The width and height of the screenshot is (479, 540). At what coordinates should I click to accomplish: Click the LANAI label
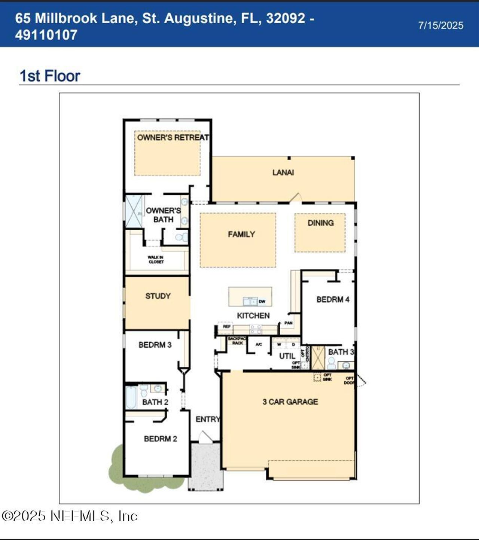tap(283, 173)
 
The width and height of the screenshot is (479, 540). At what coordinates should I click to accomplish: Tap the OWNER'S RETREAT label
tap(173, 137)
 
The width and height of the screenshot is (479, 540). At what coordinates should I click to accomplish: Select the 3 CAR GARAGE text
tap(290, 402)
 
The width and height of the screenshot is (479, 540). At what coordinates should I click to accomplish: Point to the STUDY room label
tap(158, 296)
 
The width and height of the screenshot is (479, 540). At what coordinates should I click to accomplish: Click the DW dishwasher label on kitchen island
tap(262, 301)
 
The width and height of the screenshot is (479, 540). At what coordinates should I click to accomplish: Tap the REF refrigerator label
tap(226, 326)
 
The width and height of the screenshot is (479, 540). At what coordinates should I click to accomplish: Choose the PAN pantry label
tap(288, 323)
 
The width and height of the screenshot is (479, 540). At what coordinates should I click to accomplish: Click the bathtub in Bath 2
tap(131, 397)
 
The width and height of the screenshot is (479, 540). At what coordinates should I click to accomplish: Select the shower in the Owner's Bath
tap(134, 211)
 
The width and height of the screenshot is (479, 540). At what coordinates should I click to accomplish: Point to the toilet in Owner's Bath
tap(181, 237)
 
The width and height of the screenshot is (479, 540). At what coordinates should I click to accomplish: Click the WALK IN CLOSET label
tap(156, 260)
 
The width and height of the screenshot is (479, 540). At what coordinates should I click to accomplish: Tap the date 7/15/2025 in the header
tap(440, 25)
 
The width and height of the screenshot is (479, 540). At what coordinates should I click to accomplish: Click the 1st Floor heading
tap(50, 76)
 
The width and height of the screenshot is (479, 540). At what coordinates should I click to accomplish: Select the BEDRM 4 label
tap(333, 299)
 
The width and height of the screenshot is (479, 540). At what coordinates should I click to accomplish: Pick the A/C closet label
tap(259, 344)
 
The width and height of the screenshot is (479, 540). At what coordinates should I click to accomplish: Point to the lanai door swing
tap(296, 198)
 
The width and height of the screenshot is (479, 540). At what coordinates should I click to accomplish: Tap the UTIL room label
tap(287, 356)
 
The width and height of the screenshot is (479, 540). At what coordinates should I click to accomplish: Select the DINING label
tap(320, 223)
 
